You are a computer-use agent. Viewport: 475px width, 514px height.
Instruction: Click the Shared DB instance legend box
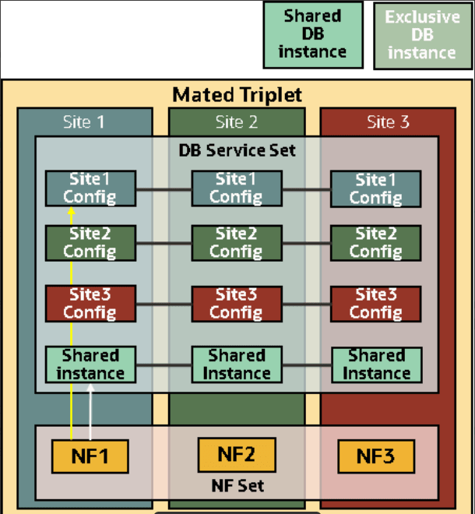point(313,35)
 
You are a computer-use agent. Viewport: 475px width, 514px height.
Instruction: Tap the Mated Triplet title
point(237,96)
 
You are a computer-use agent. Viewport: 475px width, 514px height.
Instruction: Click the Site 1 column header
point(83,122)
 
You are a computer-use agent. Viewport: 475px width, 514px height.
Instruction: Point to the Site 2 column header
point(236,122)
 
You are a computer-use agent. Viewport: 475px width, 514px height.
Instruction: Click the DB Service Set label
point(237,149)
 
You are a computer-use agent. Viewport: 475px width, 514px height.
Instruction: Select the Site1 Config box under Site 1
point(90,188)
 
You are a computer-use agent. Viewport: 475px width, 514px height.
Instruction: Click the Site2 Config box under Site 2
point(237,243)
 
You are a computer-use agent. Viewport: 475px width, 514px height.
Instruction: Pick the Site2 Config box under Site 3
point(376,243)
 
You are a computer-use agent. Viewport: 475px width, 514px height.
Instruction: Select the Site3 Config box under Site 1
point(90,303)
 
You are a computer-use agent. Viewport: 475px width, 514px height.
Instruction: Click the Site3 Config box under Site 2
point(237,303)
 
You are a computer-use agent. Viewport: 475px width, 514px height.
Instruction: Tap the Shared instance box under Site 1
point(90,364)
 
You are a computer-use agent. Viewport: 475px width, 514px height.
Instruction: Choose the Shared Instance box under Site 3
point(376,364)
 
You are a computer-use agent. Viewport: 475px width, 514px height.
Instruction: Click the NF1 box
point(90,456)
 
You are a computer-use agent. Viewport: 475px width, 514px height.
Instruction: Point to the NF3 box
point(376,456)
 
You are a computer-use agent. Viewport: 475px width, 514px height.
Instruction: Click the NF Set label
point(237,486)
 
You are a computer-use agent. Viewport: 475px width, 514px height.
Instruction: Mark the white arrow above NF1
point(91,413)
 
